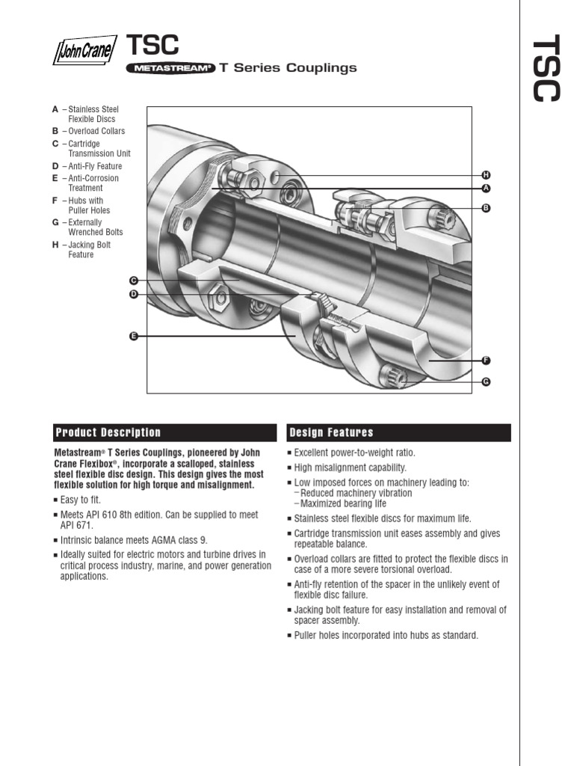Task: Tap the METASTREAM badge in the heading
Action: [171, 68]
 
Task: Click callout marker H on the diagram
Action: [485, 174]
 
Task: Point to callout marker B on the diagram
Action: [485, 208]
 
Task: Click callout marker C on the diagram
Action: [134, 280]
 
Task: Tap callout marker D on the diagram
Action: [134, 294]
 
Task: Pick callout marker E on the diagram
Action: [134, 337]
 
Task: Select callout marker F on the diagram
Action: [485, 361]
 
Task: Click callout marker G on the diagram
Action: [485, 382]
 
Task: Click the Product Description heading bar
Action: [164, 432]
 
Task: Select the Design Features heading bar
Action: [399, 432]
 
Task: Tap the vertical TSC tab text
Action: [545, 68]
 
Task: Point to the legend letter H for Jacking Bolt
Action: [55, 245]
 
